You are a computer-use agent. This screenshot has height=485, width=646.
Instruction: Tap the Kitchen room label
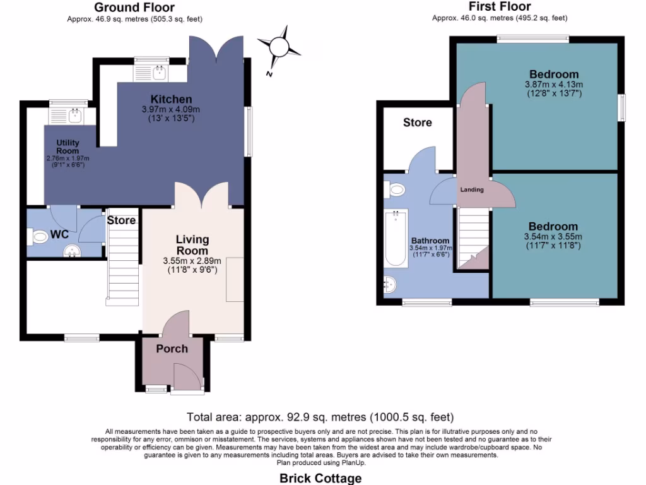tap(171, 99)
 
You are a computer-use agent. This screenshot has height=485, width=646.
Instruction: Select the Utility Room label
tap(68, 147)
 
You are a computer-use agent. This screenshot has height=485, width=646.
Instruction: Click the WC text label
tap(59, 234)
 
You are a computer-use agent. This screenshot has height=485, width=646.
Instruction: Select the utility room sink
tap(76, 115)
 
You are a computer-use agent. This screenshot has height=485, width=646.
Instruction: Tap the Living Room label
tap(192, 245)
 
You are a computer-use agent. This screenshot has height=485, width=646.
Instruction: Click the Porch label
tap(172, 349)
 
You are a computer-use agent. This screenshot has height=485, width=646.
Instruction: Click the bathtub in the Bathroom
tap(396, 238)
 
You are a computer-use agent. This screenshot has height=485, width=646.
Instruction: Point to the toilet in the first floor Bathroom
tap(396, 189)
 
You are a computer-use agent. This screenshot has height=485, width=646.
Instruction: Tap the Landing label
tap(472, 189)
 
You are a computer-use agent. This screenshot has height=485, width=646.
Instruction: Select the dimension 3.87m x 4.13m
tap(553, 84)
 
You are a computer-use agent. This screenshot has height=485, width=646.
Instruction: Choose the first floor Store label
tap(417, 123)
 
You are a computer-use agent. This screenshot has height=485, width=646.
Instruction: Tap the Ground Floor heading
tap(134, 8)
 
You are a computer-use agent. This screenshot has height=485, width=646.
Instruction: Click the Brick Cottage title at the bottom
tap(320, 478)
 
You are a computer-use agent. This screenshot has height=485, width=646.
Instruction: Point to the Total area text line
tap(320, 417)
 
